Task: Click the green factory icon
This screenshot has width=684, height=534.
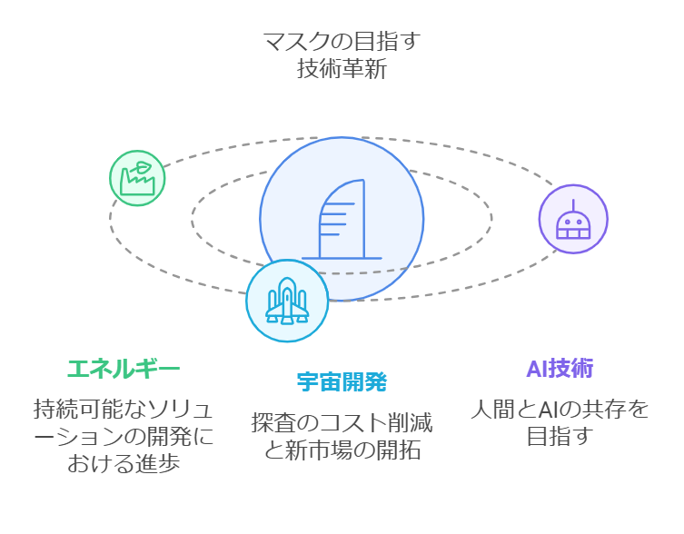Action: click(x=137, y=178)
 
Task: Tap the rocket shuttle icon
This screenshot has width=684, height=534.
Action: click(x=287, y=301)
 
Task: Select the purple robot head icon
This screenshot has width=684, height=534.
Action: click(x=573, y=219)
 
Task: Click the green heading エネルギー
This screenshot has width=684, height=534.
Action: click(x=124, y=369)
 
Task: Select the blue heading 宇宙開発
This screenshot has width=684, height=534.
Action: click(x=342, y=382)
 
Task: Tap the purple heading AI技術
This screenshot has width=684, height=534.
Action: click(x=560, y=368)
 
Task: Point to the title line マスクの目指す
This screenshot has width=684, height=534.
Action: click(x=342, y=41)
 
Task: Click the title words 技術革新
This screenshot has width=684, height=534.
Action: click(x=342, y=69)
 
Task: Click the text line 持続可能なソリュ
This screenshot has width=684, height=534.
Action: click(x=124, y=409)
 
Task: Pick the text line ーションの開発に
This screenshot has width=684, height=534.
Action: click(x=124, y=436)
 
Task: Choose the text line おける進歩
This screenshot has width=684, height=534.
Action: click(x=124, y=463)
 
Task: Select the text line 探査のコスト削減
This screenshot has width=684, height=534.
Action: click(x=342, y=422)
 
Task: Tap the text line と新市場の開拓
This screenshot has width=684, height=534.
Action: click(x=342, y=450)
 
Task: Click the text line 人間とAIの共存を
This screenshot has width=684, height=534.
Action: click(x=560, y=409)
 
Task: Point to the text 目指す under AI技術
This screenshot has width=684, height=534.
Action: click(x=560, y=436)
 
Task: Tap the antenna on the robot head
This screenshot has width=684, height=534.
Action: click(x=573, y=203)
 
